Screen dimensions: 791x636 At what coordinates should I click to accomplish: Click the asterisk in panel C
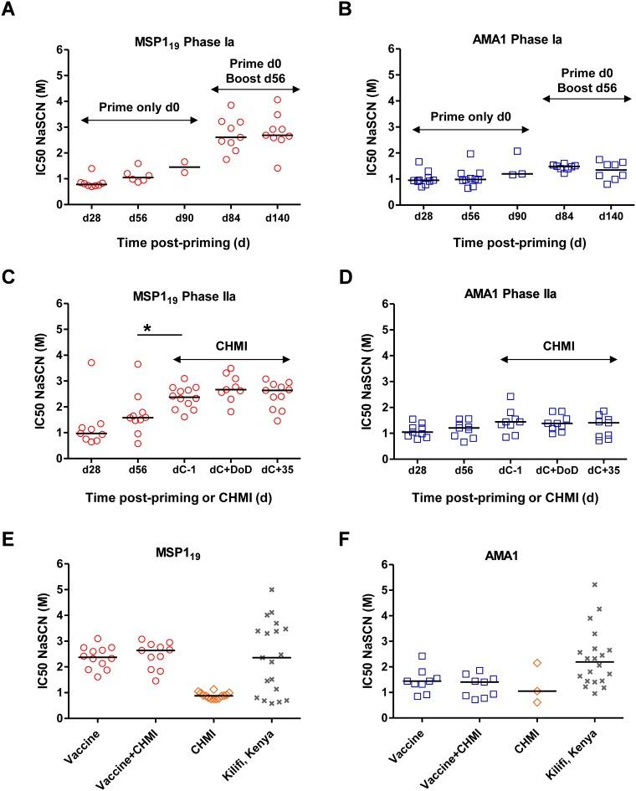click(147, 329)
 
